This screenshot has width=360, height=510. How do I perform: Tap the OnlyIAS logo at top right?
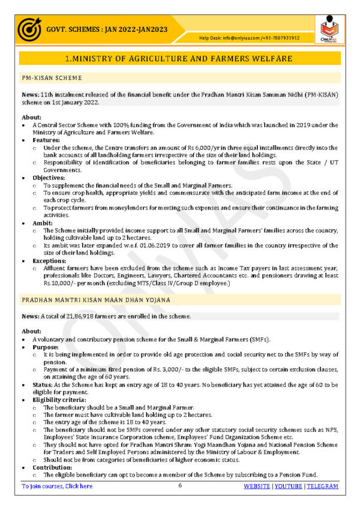point(329,29)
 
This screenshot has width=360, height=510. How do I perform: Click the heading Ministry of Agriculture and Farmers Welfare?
point(179,59)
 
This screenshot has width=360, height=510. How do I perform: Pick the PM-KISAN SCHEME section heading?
point(52,78)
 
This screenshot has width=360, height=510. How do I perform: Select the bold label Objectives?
point(49,178)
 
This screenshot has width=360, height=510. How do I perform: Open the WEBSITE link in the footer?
point(256,486)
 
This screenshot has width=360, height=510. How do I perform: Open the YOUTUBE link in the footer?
point(288,486)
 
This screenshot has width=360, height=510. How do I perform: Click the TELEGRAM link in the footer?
point(322,486)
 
